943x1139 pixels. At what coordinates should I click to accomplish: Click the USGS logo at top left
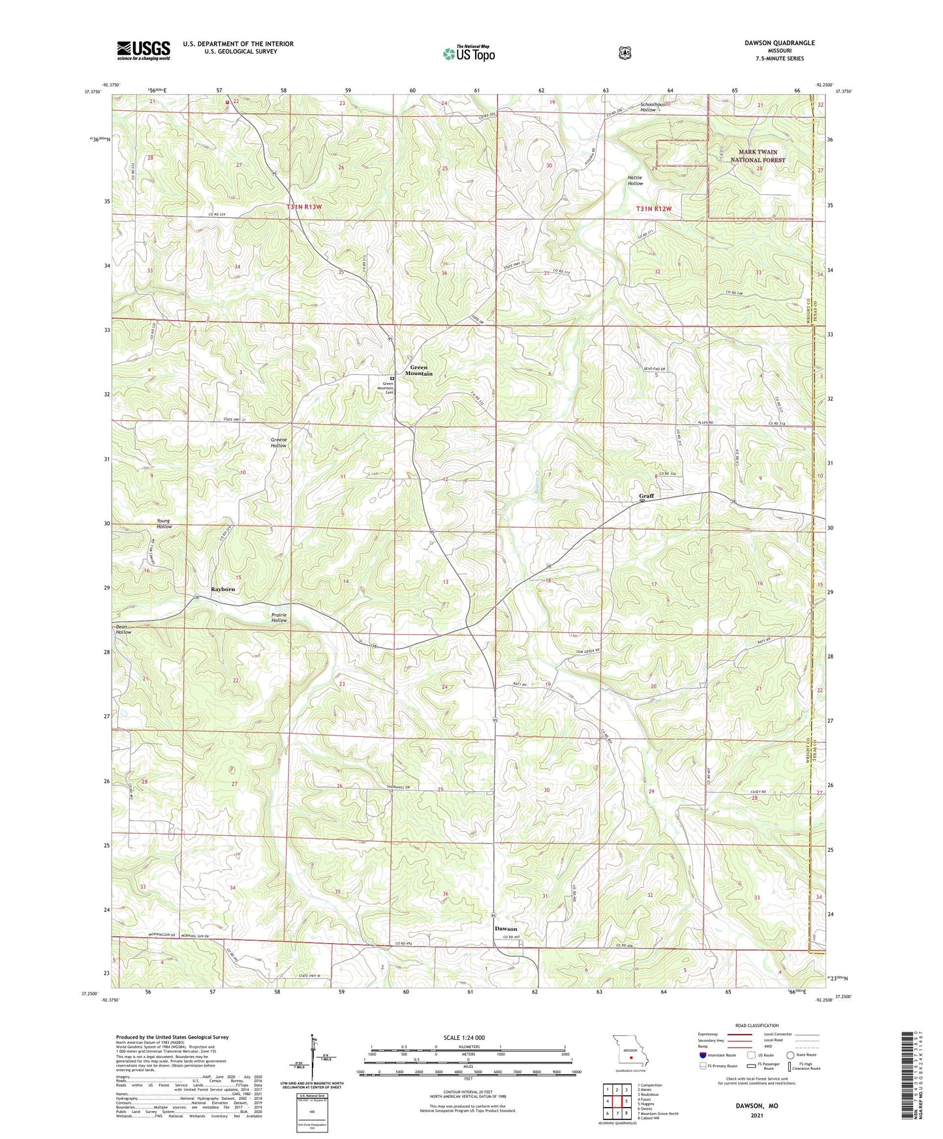point(144,50)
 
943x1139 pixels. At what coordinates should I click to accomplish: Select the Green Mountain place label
point(419,371)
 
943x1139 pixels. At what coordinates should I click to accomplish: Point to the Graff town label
point(646,496)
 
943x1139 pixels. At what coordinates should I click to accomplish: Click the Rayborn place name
point(223,589)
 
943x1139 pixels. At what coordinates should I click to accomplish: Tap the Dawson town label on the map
point(506,928)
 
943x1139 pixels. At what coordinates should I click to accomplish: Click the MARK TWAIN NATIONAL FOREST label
point(758,156)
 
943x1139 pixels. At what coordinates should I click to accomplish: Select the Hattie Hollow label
point(635,181)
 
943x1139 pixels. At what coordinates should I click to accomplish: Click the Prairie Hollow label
point(279,617)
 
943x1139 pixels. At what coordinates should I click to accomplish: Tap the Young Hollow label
point(164,524)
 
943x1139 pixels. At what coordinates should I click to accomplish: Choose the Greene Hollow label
point(279,442)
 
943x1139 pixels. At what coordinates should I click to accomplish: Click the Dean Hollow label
point(123,630)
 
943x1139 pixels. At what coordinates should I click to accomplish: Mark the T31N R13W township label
point(304,207)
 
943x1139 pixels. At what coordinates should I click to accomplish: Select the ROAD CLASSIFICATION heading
point(757,1025)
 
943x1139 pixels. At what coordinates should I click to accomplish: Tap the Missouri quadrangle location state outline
point(630,1052)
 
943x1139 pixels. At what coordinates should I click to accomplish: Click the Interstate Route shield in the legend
point(702,1055)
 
